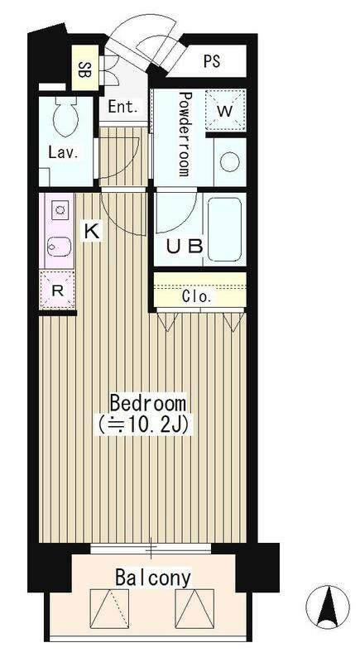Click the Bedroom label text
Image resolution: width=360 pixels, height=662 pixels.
[x=147, y=404]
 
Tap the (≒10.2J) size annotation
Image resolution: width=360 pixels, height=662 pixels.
[x=147, y=425]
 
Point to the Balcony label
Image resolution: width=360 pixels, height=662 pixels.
[x=154, y=577]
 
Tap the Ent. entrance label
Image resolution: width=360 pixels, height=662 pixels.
[x=122, y=107]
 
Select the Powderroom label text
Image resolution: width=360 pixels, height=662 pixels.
[x=185, y=134]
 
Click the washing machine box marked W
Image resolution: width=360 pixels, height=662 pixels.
[x=225, y=109]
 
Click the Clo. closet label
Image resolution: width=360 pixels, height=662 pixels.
[x=197, y=295]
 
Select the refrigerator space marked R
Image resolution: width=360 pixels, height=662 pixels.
[x=57, y=290]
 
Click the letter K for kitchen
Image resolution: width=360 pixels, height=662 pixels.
[x=93, y=233]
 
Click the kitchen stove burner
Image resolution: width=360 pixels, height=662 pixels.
[x=58, y=209]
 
